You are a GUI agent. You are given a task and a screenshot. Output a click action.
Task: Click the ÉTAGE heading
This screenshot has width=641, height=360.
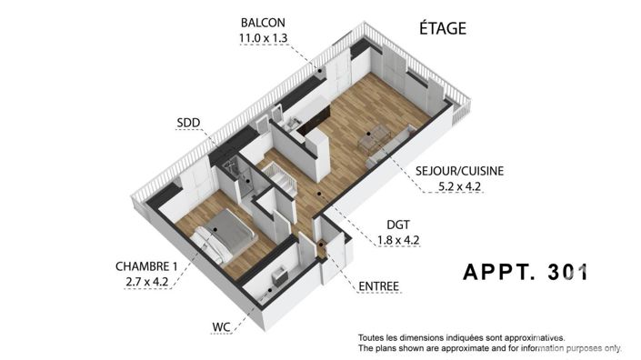tap(443, 29)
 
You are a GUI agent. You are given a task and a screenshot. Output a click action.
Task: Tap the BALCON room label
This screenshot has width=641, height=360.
tap(262, 22)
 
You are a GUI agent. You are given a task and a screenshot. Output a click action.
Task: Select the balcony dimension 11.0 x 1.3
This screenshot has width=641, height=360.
tap(262, 37)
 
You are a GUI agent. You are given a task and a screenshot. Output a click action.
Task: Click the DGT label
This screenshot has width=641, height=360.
tap(397, 225)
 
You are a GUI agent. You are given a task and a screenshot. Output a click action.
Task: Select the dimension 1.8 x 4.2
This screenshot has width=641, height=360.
tap(397, 240)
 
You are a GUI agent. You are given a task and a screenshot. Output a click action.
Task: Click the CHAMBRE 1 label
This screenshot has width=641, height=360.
tap(145, 266)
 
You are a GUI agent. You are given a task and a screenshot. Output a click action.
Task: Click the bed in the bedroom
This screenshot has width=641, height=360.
tap(225, 232)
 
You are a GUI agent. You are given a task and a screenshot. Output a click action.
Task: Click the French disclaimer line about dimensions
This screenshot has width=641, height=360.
tap(461, 336)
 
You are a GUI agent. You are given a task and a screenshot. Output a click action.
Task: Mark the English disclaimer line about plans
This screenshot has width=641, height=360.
tap(489, 348)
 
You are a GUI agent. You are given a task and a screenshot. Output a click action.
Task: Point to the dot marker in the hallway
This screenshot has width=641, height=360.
tap(318, 193)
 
